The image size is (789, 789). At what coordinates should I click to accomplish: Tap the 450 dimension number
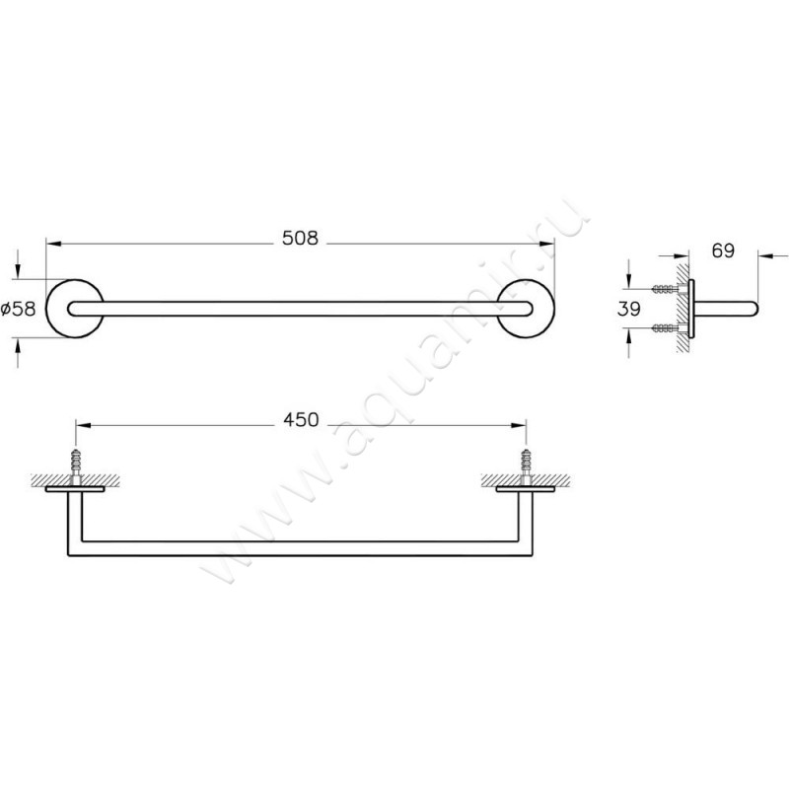click(300, 421)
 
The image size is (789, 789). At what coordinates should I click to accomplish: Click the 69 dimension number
click(723, 251)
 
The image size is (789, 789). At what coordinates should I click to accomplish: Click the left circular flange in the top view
click(75, 308)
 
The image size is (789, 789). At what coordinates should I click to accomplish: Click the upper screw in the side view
click(667, 289)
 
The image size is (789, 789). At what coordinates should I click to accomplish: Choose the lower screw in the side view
click(667, 327)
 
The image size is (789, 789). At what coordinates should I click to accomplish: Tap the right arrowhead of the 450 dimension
click(519, 426)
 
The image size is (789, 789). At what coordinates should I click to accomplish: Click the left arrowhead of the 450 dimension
click(81, 426)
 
